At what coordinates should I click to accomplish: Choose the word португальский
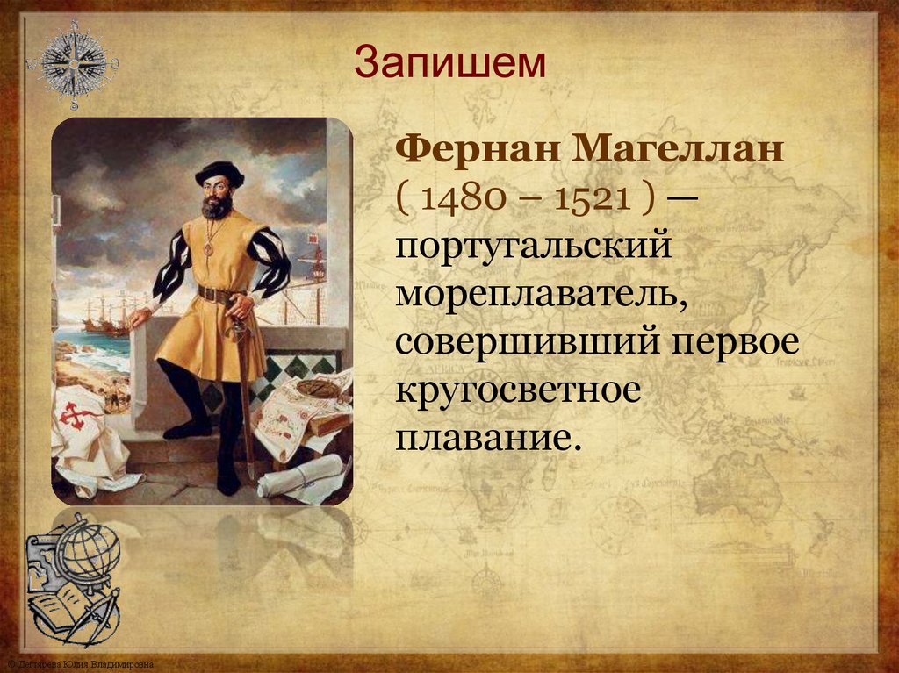[533, 249]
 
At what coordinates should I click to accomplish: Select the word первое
[747, 341]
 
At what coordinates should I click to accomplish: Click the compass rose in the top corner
[72, 64]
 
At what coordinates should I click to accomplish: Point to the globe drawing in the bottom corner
[87, 552]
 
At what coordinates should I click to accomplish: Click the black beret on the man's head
[219, 171]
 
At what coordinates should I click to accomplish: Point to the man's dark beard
[217, 206]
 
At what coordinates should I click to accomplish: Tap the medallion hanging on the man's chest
[208, 249]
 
